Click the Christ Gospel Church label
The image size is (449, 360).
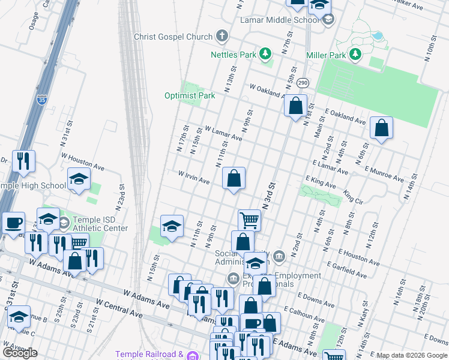point(173,37)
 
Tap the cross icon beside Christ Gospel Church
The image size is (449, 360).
point(222,37)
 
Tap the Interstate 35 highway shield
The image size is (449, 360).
point(41,100)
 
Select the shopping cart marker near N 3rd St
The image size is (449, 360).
point(249,220)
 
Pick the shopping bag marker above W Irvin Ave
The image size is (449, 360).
point(234,178)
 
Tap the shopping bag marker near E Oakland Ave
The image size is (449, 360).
point(381,127)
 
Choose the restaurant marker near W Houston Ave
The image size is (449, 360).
point(23,161)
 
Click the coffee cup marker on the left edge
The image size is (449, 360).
point(13,223)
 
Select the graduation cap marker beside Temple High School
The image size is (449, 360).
point(79,179)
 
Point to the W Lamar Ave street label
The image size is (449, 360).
point(223,133)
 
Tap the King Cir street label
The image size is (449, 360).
point(354,196)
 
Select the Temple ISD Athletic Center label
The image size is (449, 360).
point(100,224)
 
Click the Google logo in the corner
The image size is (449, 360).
point(20,352)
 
